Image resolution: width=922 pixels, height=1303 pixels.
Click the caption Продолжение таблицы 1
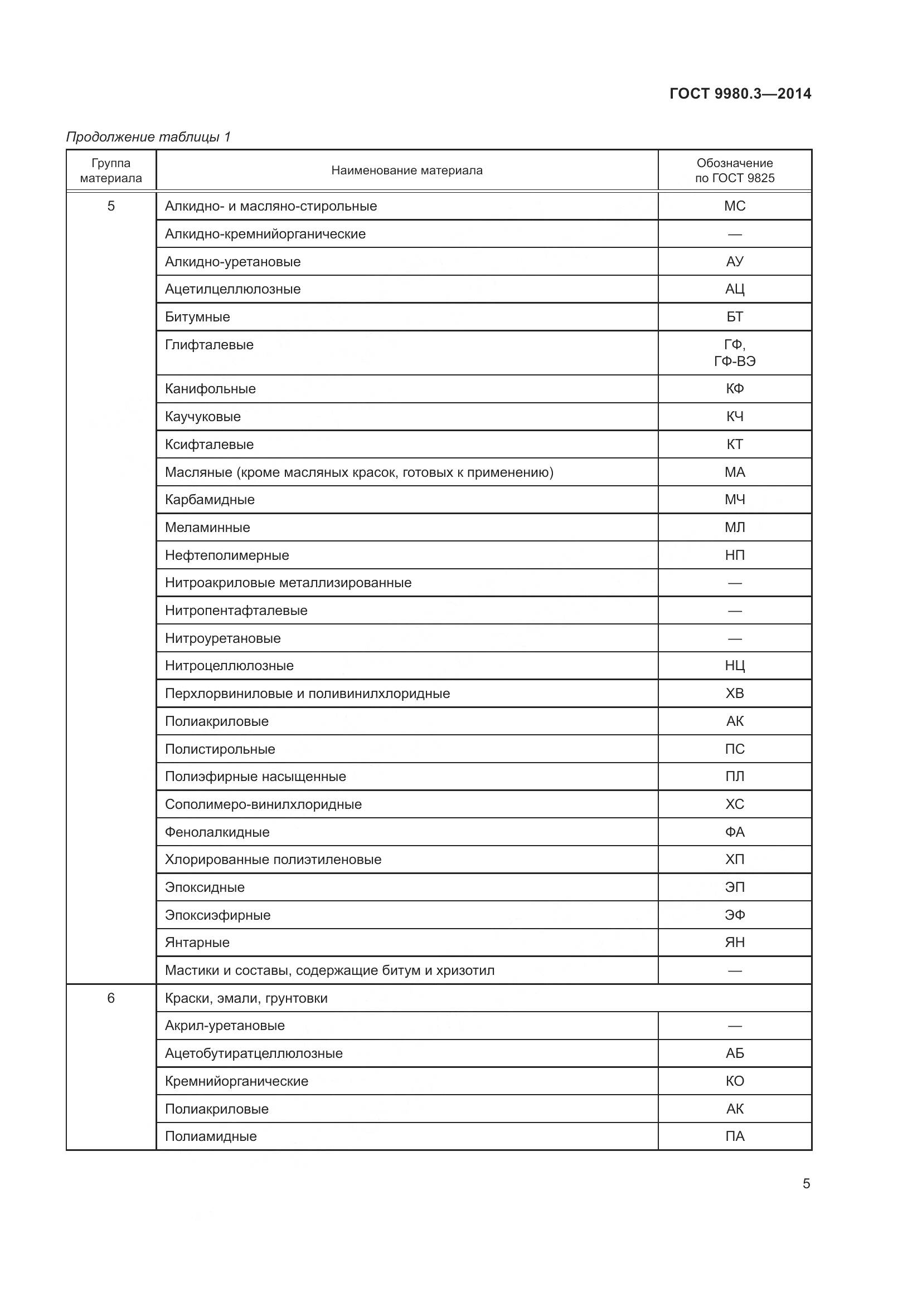[x=148, y=137]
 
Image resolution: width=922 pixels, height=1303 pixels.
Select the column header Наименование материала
[x=406, y=170]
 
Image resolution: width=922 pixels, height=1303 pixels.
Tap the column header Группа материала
[x=111, y=170]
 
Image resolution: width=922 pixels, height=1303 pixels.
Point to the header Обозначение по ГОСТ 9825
[x=734, y=170]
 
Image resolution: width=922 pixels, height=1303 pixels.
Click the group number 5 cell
[x=111, y=206]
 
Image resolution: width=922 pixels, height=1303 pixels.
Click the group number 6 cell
[x=111, y=998]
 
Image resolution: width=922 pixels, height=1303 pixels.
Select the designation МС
[x=734, y=206]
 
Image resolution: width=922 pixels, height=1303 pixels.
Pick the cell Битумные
[x=197, y=316]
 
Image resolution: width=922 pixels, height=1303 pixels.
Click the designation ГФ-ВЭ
[x=734, y=362]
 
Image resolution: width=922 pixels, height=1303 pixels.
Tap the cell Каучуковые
[x=203, y=417]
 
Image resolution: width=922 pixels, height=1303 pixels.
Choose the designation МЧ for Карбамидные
[x=734, y=500]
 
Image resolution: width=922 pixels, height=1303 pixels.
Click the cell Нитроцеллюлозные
[x=229, y=666]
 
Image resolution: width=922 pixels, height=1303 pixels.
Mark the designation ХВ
[x=734, y=694]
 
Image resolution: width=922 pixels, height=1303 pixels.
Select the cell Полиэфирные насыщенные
[x=255, y=777]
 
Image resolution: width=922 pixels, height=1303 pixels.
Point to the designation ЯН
[x=734, y=943]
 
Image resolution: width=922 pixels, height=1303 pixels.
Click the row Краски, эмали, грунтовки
[x=246, y=998]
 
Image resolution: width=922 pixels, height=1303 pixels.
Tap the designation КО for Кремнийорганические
[x=734, y=1081]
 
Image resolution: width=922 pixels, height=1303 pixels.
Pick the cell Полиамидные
[x=211, y=1136]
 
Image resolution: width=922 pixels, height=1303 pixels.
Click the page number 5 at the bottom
[x=805, y=1184]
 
